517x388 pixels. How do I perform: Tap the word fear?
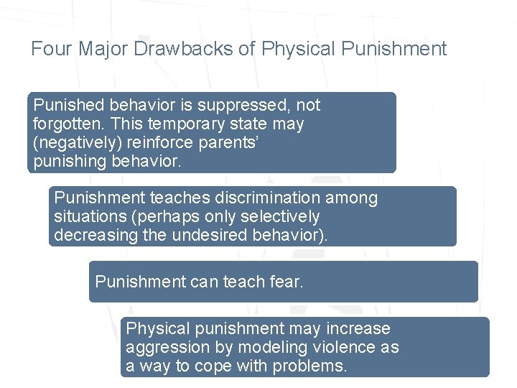point(287,281)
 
